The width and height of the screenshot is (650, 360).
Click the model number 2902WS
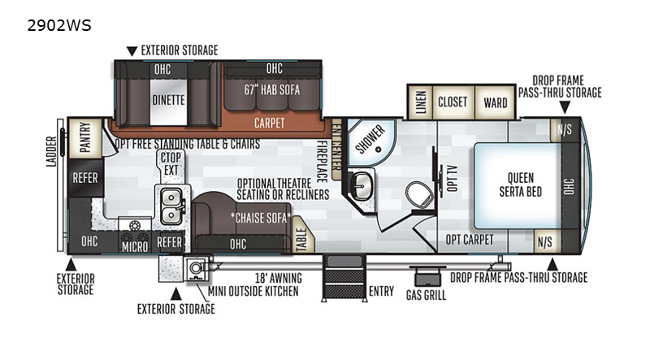pos(58,26)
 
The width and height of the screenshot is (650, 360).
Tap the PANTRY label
pos(85,137)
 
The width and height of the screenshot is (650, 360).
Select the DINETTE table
pos(168,102)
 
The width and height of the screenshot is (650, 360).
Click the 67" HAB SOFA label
pos(271,89)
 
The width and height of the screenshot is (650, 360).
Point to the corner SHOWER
pos(370,141)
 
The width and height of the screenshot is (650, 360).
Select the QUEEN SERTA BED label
pos(521,184)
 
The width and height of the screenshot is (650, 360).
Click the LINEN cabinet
pos(420,102)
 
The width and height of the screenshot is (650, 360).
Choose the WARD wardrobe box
pos(496,102)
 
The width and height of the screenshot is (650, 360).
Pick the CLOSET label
pos(453,102)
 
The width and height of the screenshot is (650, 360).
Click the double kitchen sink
pos(171,206)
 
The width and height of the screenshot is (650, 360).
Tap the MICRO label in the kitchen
pos(135,247)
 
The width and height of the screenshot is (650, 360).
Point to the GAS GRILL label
pos(426,295)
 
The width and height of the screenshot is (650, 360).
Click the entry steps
pos(344,278)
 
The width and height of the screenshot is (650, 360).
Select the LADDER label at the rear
pos(51,152)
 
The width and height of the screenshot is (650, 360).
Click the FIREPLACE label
pos(322,162)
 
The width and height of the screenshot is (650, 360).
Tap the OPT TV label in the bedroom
pos(453,178)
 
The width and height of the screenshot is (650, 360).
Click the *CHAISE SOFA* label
pos(261,218)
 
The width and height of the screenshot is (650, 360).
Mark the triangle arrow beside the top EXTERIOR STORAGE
pos(132,51)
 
